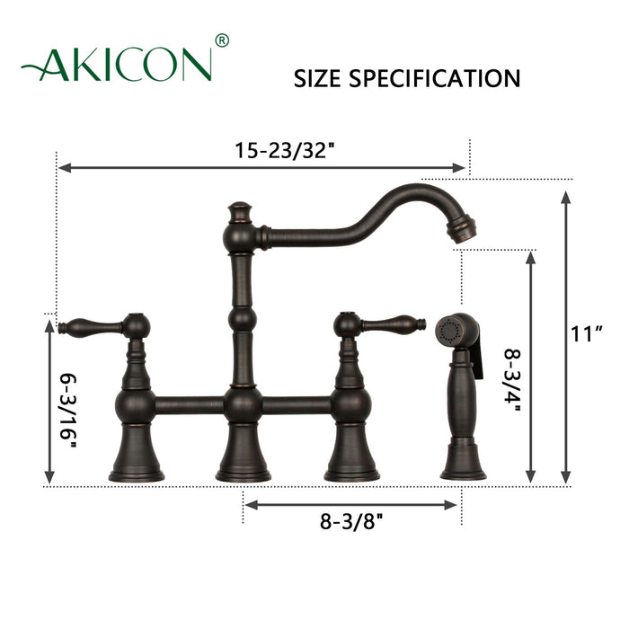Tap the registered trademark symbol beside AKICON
pos(223,40)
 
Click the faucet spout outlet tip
pos(461,232)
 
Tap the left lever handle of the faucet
pos(90,325)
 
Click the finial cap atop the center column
pos(238,212)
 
